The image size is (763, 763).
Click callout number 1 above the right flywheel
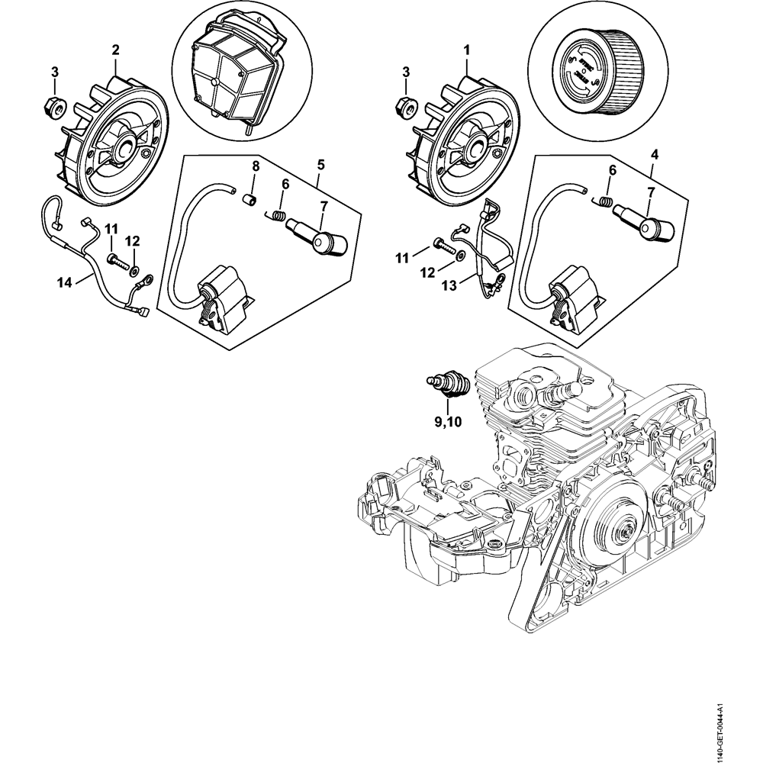466,50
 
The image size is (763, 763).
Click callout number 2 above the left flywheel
115,50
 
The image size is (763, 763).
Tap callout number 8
256,166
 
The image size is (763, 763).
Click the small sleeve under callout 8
248,200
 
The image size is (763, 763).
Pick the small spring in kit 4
604,202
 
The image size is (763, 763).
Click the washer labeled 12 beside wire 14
134,270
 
